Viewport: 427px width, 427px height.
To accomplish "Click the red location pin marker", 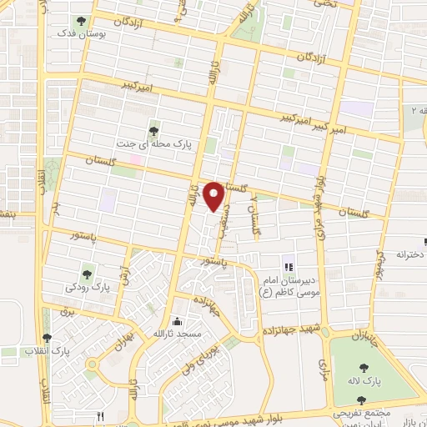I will (x=214, y=196).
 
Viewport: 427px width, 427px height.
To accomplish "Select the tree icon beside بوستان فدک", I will (x=81, y=21).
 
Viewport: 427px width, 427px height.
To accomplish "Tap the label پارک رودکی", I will (x=88, y=286).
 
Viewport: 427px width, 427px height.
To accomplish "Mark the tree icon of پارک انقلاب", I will (x=47, y=339).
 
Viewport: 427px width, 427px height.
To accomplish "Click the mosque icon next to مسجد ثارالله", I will (x=175, y=321).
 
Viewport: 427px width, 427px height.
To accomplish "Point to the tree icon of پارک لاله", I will (x=364, y=367).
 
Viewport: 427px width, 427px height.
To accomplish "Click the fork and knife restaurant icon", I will (x=101, y=415).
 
